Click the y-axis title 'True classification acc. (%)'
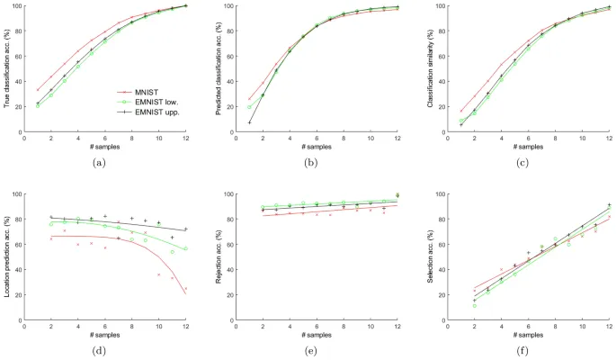click(x=7, y=68)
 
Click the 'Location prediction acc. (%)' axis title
click(x=7, y=257)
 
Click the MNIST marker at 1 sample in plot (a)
click(x=38, y=90)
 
